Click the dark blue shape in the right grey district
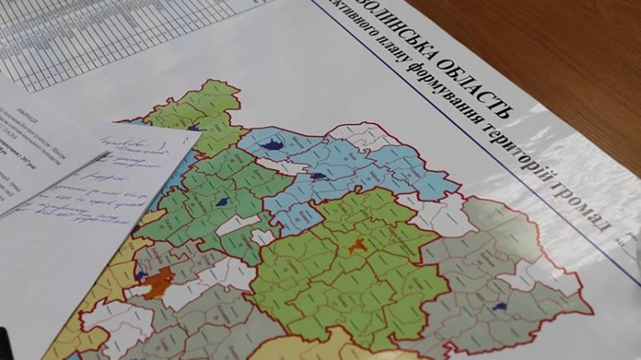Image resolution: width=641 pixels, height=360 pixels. (500, 306)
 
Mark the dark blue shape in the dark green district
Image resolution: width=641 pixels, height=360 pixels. (223, 202)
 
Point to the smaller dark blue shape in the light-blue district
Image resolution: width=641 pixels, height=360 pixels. (319, 176)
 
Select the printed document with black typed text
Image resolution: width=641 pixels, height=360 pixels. (32, 144)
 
